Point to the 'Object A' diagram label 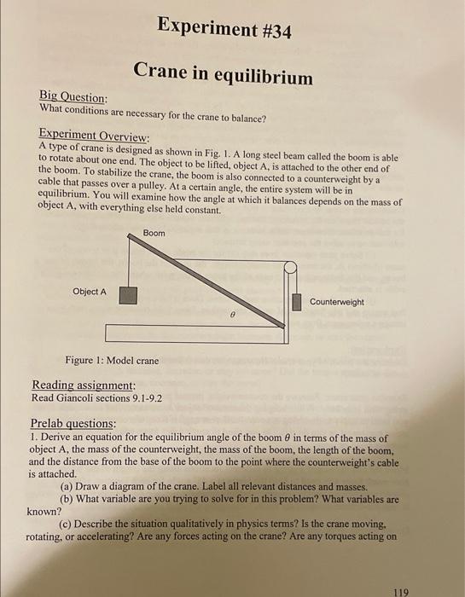90,292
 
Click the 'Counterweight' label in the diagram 336,302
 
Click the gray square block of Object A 128,294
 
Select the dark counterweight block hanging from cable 297,301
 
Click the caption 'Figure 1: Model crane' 112,361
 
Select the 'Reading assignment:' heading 84,385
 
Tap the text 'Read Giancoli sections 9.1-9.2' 96,398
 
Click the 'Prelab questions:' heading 73,424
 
